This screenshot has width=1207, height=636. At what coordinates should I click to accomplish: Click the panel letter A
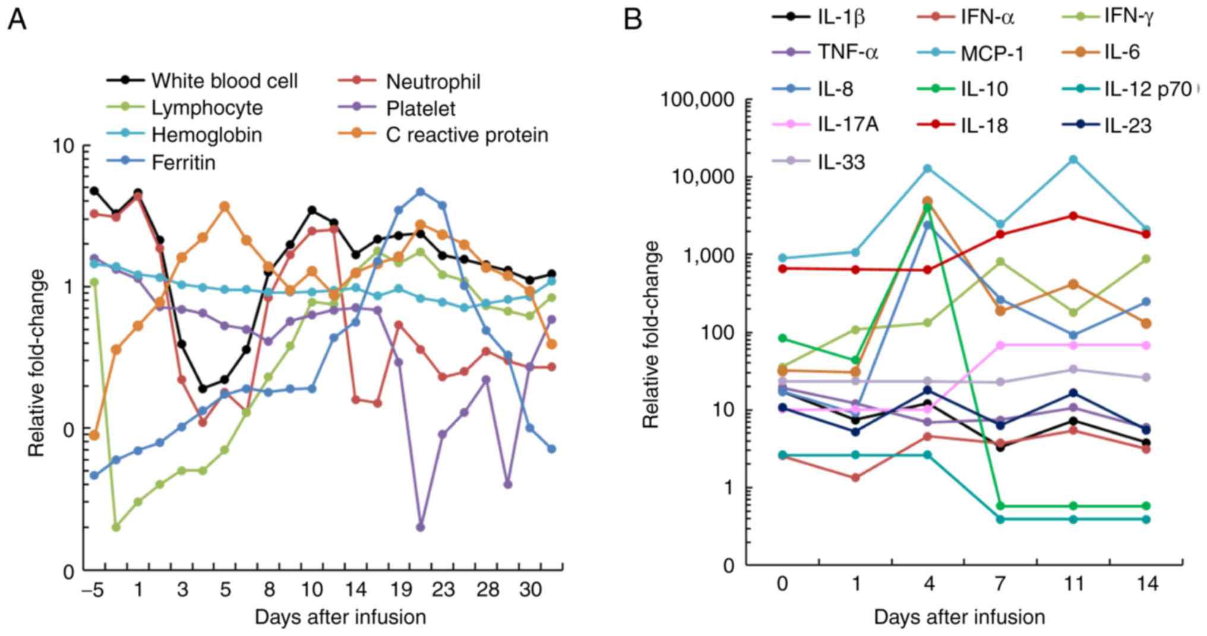coord(17,20)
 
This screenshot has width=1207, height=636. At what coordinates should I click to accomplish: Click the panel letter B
coord(633,20)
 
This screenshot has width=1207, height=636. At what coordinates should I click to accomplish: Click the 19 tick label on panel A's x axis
coord(400,590)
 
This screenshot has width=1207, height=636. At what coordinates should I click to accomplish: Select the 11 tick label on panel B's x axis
coord(1074,584)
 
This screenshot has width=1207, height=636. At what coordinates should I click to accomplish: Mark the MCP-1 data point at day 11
coord(1073,159)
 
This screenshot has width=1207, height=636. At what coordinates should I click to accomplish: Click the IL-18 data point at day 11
coord(1073,216)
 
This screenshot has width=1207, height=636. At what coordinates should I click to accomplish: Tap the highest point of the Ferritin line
coord(421,192)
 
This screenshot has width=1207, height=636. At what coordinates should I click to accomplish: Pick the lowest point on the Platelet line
coord(421,527)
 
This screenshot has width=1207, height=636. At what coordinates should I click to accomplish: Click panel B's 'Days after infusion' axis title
coord(959,617)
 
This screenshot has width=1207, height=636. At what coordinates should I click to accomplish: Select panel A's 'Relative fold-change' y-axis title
coord(37,363)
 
